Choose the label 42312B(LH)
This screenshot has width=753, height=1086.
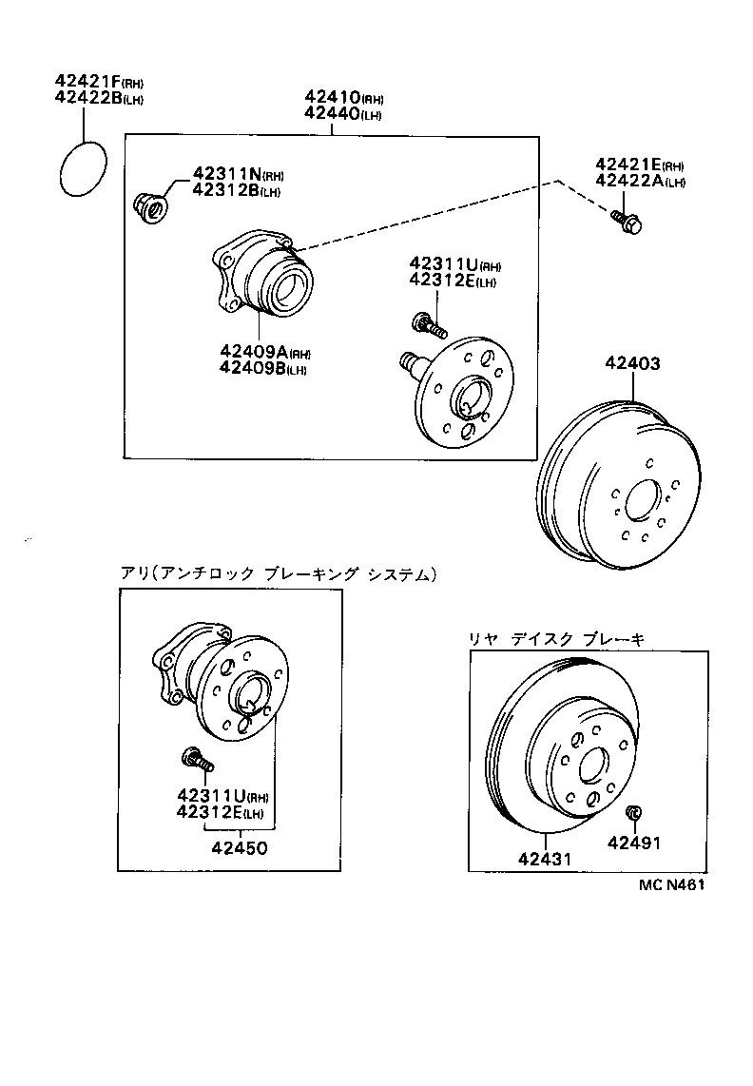(236, 190)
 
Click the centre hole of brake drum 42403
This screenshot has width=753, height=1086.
(643, 500)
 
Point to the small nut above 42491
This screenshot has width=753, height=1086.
(632, 813)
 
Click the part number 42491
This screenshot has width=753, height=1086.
(634, 843)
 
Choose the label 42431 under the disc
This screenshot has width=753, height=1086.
(545, 858)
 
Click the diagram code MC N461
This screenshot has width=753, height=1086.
(672, 883)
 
